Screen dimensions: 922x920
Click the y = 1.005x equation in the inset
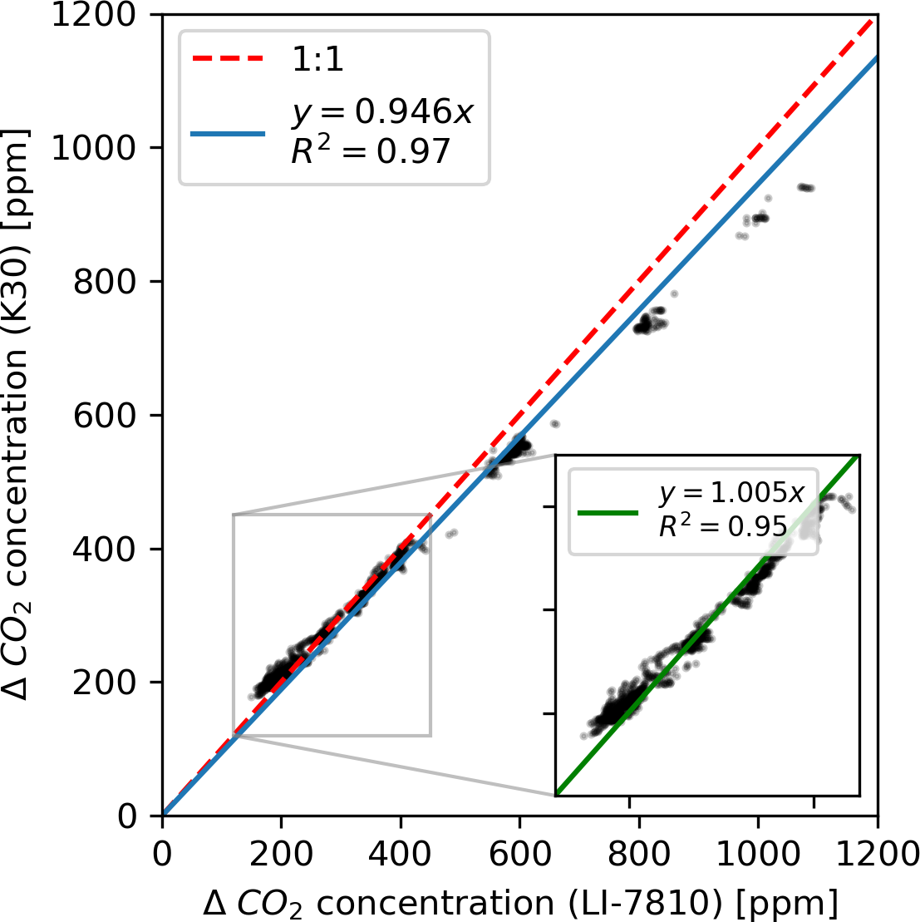(731, 494)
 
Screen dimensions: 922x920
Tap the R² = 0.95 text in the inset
(722, 525)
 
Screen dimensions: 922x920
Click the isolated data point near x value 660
(554, 424)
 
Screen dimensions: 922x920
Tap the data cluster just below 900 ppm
(758, 219)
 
